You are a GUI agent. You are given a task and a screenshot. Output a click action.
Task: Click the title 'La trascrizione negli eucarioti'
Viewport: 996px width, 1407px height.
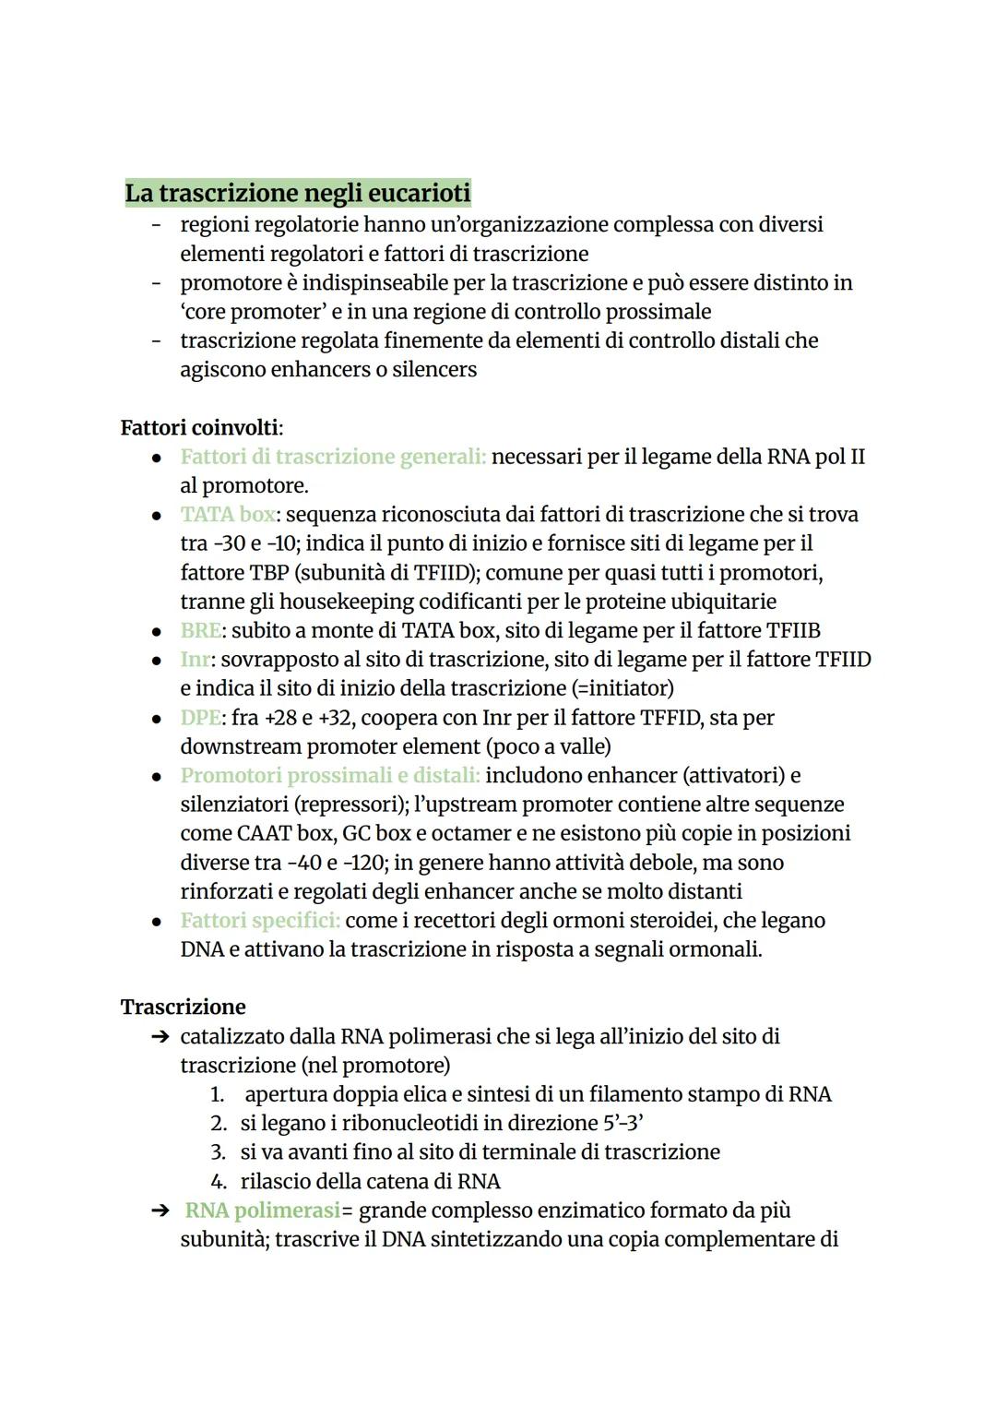[x=298, y=193]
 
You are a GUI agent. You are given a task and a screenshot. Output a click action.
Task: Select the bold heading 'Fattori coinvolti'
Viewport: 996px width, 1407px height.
[x=200, y=428]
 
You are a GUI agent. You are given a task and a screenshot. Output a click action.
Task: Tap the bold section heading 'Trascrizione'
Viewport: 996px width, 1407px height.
[x=184, y=1007]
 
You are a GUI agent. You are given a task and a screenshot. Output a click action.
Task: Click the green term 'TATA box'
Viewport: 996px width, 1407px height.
[x=227, y=515]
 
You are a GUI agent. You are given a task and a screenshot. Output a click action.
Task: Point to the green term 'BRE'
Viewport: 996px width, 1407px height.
[x=200, y=631]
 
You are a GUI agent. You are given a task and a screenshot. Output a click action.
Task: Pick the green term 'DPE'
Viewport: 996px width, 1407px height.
[x=200, y=718]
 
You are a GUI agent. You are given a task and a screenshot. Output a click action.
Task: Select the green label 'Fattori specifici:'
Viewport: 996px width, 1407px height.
[x=260, y=921]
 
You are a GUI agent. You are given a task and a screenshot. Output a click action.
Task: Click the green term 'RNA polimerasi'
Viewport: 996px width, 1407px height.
[x=262, y=1210]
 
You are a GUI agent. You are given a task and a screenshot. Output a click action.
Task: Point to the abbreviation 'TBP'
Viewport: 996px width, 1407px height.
[x=271, y=573]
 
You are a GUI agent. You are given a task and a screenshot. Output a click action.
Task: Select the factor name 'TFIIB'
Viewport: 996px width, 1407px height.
[x=793, y=631]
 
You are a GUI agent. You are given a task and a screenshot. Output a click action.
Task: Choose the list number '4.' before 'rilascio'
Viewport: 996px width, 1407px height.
[x=219, y=1182]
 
